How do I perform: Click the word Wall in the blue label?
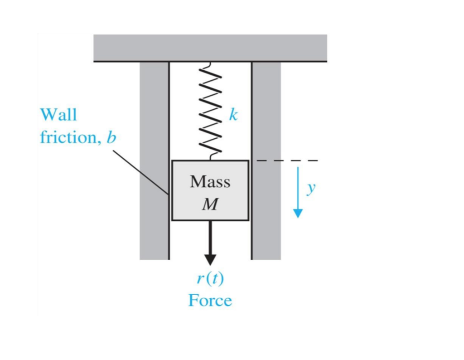point(58,115)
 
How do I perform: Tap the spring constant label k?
point(232,115)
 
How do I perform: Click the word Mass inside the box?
point(210,182)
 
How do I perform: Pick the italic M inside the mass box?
point(209,204)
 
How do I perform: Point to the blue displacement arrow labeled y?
point(298,190)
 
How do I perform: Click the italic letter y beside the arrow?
point(310,188)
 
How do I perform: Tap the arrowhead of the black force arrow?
point(210,259)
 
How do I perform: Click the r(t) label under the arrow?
point(210,278)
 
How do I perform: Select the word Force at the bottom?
point(210,300)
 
